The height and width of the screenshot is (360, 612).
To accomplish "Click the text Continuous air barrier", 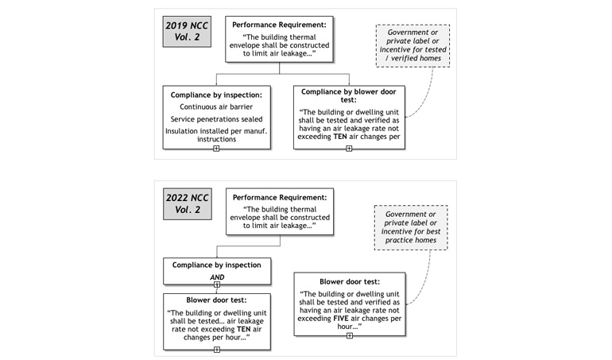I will coord(215,106).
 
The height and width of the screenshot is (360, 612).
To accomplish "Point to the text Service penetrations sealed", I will coord(215,118).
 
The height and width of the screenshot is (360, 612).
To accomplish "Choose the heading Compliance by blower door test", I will coord(348,96).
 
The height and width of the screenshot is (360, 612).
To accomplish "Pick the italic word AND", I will coord(216,277).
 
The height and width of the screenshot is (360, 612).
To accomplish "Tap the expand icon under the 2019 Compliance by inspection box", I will coord(215,149).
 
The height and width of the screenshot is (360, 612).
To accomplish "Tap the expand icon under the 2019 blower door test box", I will coord(349,149).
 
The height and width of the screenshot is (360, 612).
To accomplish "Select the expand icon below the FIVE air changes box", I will coord(349,335).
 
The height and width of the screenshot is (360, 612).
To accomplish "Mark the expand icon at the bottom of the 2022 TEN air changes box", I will coord(215,349).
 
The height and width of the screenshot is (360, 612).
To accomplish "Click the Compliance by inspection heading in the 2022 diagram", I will coord(215,264).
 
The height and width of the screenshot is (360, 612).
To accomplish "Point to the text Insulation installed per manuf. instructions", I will coord(215,135).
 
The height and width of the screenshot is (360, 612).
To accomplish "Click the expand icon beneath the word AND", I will coord(215,284).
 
